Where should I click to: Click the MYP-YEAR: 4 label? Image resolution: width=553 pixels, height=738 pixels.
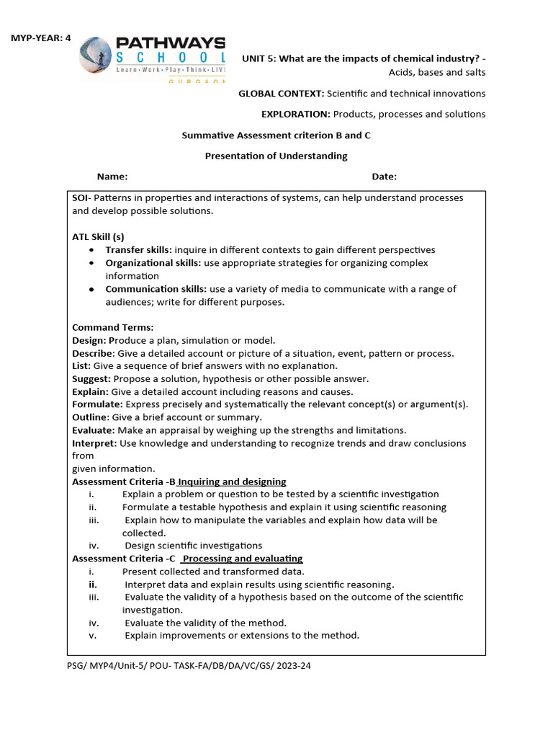(x=40, y=38)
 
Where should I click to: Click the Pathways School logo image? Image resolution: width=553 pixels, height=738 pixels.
(x=152, y=58)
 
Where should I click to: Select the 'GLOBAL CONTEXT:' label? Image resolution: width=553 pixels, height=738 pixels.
(x=281, y=94)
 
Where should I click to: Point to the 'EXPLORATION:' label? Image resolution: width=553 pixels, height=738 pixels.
(x=295, y=114)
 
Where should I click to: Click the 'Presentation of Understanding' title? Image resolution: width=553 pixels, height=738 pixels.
(x=276, y=156)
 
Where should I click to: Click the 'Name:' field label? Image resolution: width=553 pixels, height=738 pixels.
(x=112, y=177)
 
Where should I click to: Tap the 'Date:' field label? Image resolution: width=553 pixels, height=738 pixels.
(x=384, y=177)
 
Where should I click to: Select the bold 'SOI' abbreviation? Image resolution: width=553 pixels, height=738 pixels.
(x=79, y=197)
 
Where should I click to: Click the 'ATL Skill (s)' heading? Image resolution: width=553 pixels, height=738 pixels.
(x=98, y=237)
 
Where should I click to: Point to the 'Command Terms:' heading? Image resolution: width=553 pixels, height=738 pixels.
(x=112, y=327)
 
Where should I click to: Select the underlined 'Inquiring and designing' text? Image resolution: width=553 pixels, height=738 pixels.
(x=232, y=481)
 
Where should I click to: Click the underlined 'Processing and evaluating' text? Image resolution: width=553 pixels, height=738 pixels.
(x=243, y=559)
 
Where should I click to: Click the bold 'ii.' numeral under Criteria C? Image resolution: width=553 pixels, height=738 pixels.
(x=93, y=584)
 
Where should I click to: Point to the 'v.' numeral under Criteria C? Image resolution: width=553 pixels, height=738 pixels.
(x=91, y=635)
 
